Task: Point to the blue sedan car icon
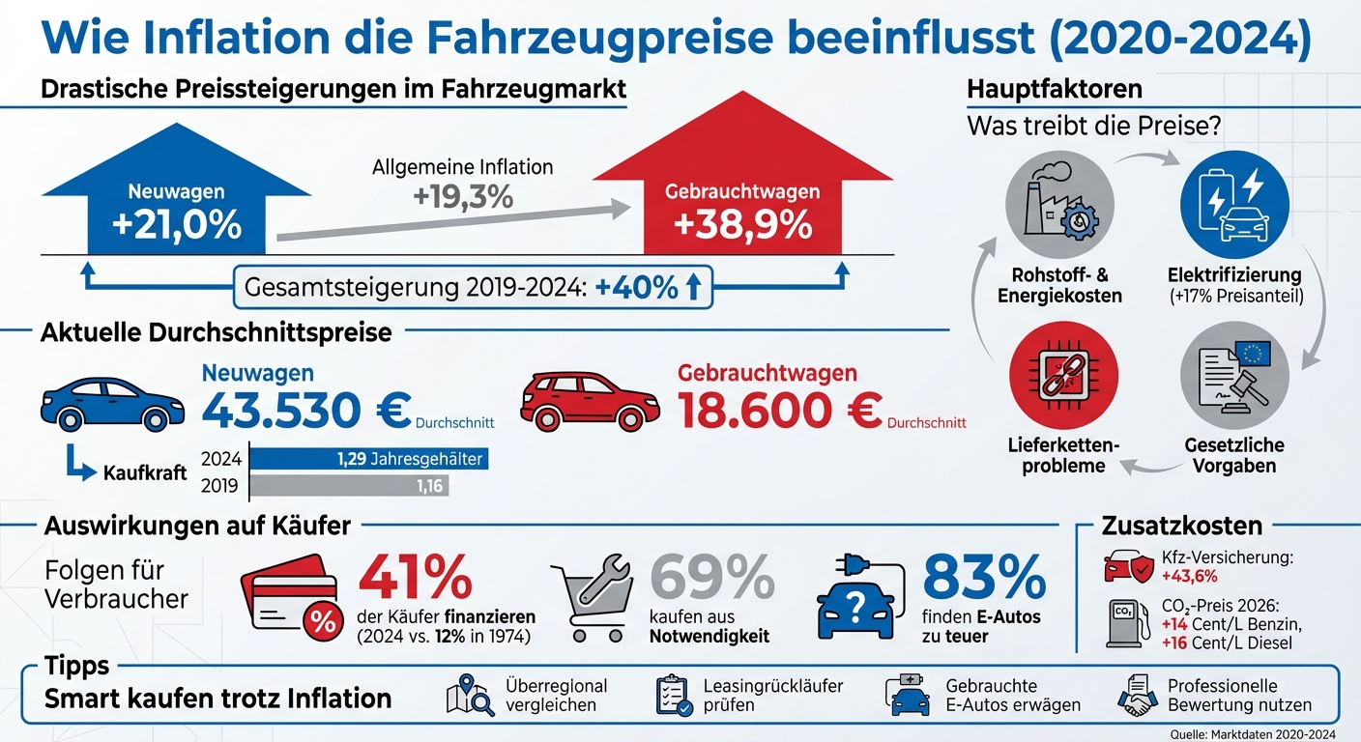pyautogui.click(x=112, y=404)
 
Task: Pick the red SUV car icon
pyautogui.click(x=589, y=400)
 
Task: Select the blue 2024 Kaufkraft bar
pyautogui.click(x=368, y=459)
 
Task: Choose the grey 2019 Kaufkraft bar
pyautogui.click(x=349, y=486)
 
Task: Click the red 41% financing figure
pyautogui.click(x=415, y=579)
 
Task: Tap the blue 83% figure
pyautogui.click(x=983, y=579)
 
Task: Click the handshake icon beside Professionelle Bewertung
pyautogui.click(x=1138, y=696)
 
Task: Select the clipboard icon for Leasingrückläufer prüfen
pyautogui.click(x=674, y=696)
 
